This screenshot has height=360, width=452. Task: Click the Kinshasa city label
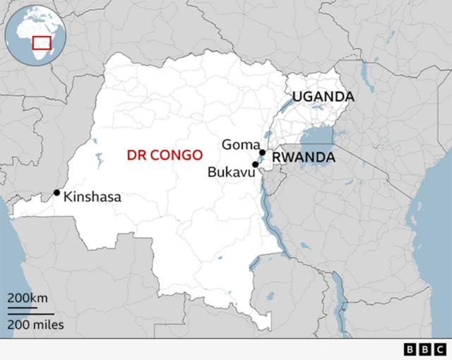pos(92,198)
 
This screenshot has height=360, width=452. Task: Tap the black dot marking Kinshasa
pos(56,193)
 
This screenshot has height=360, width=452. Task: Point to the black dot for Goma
pos(262,152)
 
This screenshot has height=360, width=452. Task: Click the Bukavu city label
pos(230,172)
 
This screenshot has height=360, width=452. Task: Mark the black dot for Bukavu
pos(255,164)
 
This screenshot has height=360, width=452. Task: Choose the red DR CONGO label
pos(164,155)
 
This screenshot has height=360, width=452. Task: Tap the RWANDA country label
pos(304,157)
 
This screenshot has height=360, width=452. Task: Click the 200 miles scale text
pos(35,325)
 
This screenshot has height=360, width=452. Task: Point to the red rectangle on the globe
pos(42,42)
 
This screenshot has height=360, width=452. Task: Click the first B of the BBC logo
pos(410,349)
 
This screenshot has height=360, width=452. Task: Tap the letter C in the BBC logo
pos(439,349)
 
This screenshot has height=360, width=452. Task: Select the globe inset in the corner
pos(33,33)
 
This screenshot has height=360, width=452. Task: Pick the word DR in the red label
pos(134,155)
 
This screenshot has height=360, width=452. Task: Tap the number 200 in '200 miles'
pos(19,325)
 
